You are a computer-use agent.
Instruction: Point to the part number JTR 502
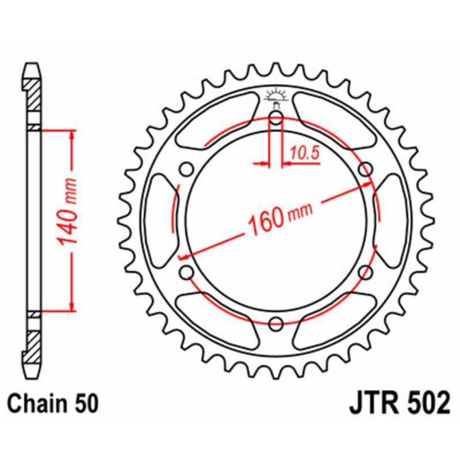point(399,404)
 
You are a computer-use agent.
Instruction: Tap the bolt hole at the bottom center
point(275,323)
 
